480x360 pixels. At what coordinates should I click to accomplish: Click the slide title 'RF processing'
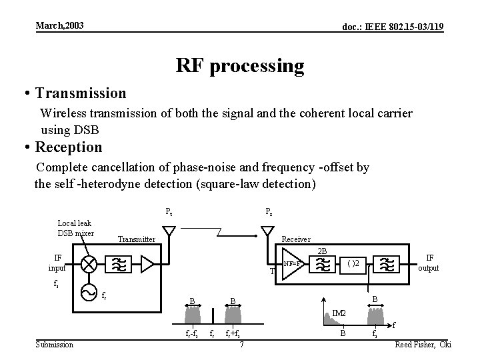[240, 65]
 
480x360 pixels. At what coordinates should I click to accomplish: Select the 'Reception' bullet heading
[69, 146]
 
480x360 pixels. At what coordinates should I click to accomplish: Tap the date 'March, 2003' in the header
[59, 26]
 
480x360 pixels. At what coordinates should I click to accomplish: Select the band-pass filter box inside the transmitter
[120, 264]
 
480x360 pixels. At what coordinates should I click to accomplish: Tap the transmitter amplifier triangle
[147, 264]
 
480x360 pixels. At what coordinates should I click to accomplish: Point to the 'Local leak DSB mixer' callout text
[75, 228]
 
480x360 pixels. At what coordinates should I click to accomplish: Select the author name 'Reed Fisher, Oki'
[423, 344]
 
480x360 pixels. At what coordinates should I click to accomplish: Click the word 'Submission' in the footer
[55, 344]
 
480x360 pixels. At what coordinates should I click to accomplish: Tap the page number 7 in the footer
[241, 344]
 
